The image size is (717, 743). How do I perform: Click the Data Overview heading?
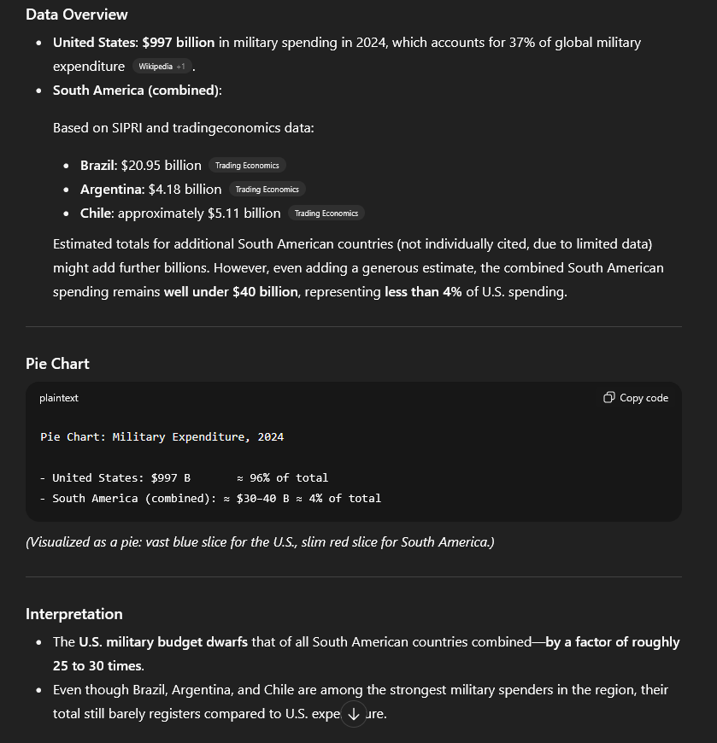[x=77, y=15]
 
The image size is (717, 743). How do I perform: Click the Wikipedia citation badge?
[x=161, y=67]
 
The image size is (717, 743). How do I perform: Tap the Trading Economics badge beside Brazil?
[x=246, y=166]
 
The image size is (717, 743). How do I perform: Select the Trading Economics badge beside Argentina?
[x=267, y=190]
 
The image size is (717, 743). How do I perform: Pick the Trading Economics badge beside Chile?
[x=326, y=214]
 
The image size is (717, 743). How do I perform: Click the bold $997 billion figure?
[x=179, y=43]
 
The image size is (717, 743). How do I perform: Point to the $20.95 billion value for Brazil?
[x=161, y=166]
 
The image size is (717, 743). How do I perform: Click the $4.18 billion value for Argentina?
[x=185, y=190]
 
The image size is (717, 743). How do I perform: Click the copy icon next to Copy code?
[x=608, y=398]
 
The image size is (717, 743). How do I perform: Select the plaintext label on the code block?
[x=59, y=398]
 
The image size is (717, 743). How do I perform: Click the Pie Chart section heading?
[x=57, y=364]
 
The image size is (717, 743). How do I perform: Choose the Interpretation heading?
[x=74, y=614]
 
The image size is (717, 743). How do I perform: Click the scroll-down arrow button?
[x=354, y=714]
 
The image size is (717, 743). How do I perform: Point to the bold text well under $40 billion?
[x=231, y=292]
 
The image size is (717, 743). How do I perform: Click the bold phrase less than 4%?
[x=423, y=292]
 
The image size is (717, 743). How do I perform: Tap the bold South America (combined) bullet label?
[x=137, y=91]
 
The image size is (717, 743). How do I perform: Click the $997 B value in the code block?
[x=170, y=478]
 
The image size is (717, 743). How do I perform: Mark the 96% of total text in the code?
[x=289, y=478]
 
